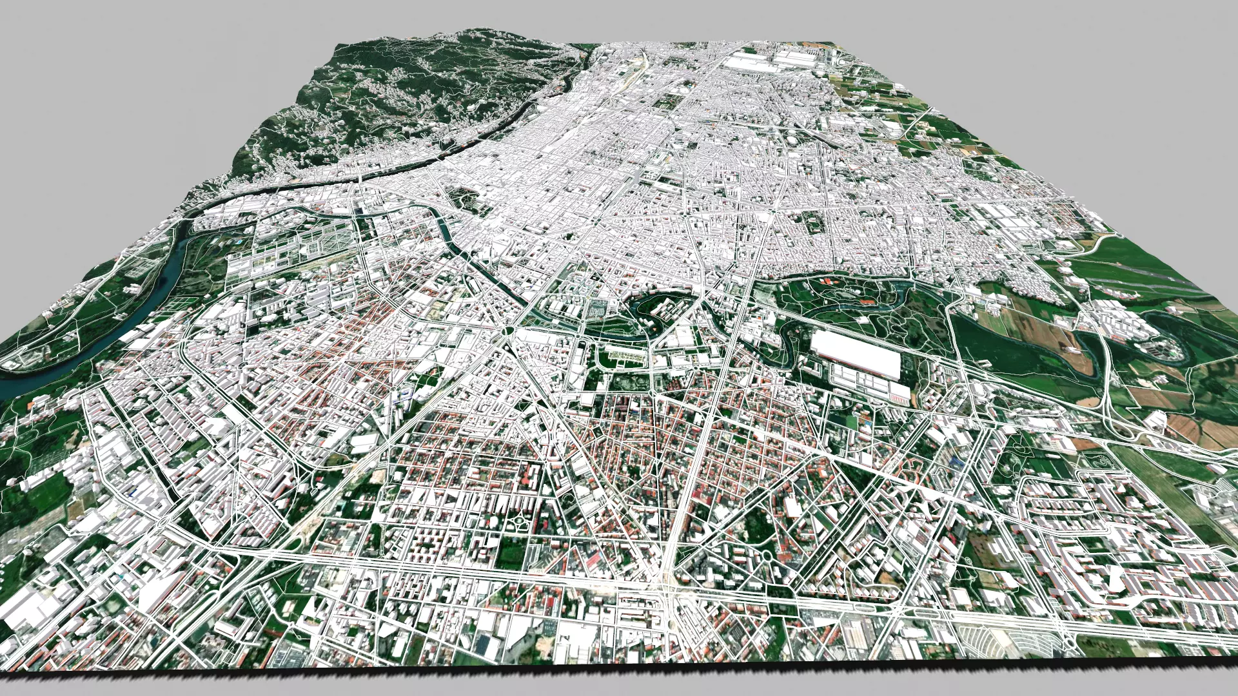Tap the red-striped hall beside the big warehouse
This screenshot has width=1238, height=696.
point(870,387)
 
